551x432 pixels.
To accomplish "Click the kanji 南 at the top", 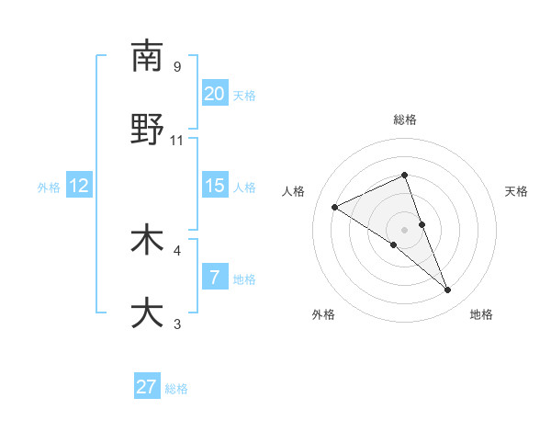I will (x=147, y=56).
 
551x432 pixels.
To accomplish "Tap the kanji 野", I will (x=147, y=130).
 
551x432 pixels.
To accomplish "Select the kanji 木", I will (x=147, y=240).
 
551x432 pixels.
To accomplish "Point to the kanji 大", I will (x=147, y=313).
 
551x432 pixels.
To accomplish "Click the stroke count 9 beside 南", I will (x=177, y=66).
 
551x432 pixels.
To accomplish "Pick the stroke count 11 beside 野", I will (x=177, y=140).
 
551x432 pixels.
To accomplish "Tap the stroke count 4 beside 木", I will (x=177, y=250).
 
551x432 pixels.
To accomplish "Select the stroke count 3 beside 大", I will (x=177, y=324).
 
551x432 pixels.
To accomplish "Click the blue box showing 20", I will (x=214, y=94).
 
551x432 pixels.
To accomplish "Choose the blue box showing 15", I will (x=214, y=186).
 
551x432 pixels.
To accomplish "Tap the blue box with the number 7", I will (x=214, y=278).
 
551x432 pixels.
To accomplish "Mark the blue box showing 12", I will (x=79, y=186).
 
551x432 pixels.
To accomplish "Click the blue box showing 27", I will (x=147, y=387).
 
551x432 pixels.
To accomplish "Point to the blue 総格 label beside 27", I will (x=177, y=389).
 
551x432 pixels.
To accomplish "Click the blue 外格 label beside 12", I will (x=49, y=188).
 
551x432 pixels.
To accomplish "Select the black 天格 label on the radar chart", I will (x=517, y=191).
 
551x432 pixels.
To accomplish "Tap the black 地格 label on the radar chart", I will (x=481, y=314).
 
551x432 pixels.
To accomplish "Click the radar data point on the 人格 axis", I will (x=335, y=207).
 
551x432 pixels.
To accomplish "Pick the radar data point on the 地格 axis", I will (x=447, y=290).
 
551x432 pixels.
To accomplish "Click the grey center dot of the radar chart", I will (x=405, y=229).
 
